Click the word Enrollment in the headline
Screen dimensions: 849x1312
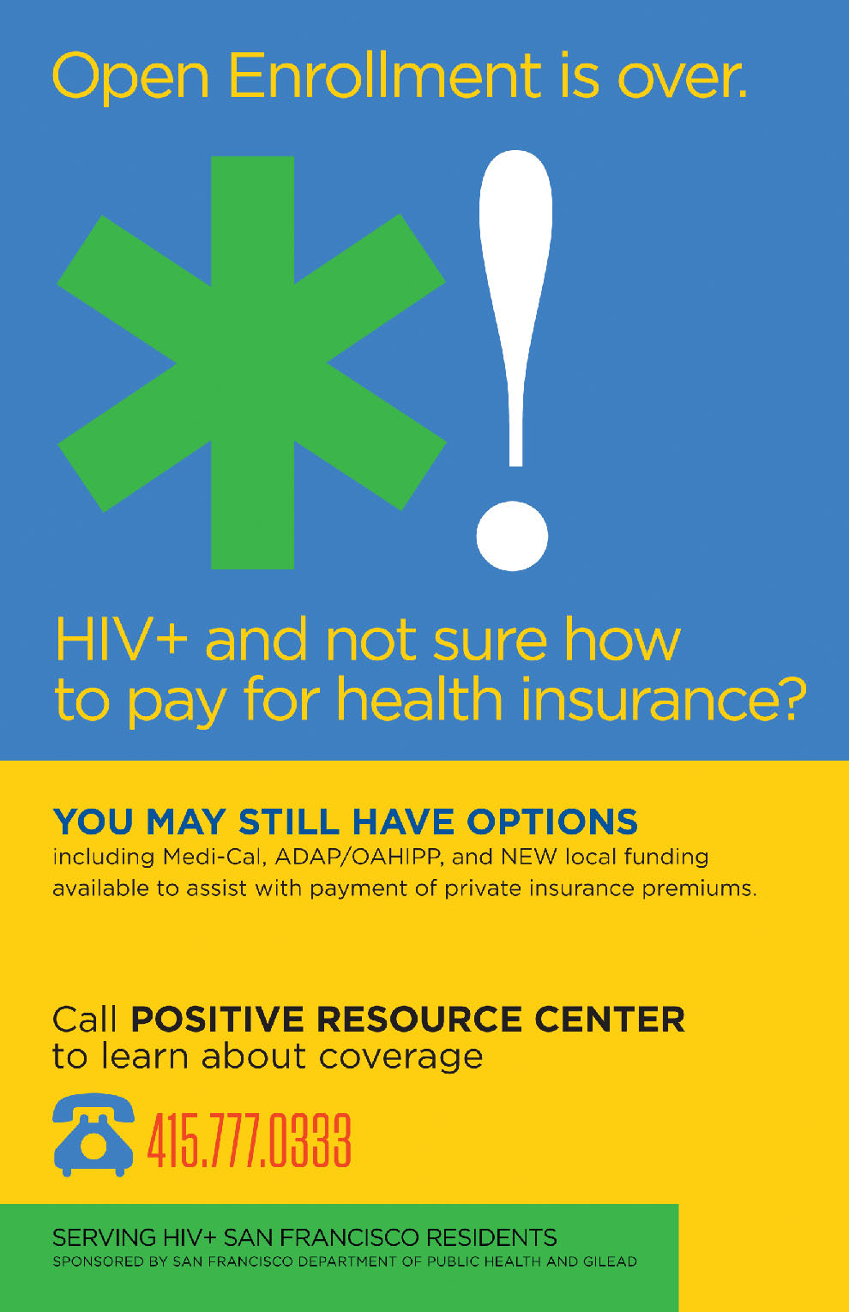(x=384, y=75)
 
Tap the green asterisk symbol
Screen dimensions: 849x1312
(x=252, y=363)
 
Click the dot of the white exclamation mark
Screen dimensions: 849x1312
(x=512, y=535)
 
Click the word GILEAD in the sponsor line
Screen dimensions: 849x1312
(x=610, y=1261)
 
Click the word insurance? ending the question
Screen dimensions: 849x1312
(x=663, y=699)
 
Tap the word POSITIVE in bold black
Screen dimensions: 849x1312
(x=217, y=1020)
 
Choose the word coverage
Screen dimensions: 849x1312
(x=400, y=1058)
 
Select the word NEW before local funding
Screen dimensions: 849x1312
(x=528, y=857)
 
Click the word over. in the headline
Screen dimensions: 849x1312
(x=683, y=77)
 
